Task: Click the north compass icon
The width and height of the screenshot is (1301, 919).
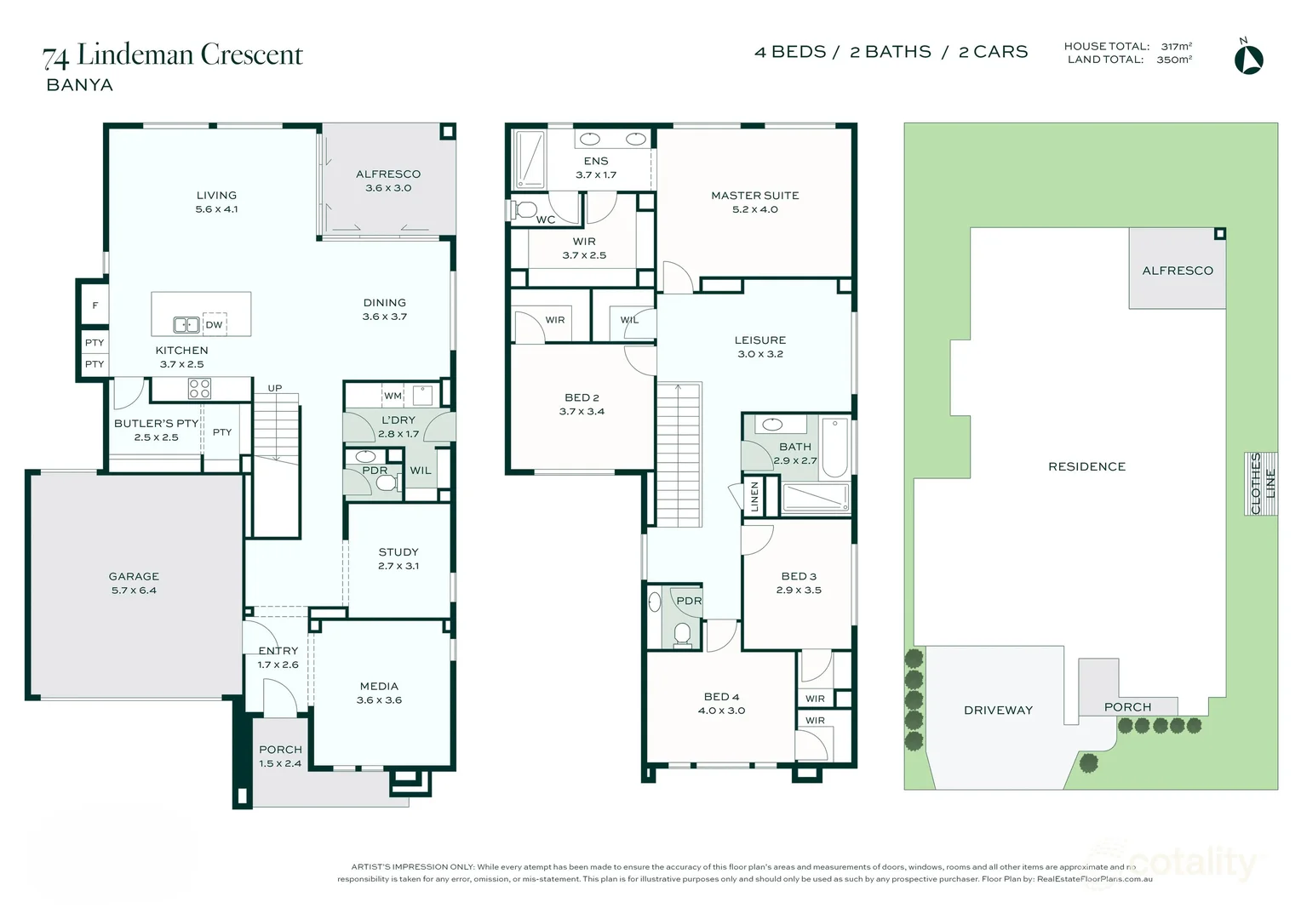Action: point(1248,59)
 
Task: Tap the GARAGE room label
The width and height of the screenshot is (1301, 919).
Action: point(134,577)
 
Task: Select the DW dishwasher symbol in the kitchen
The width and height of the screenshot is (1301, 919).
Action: point(214,325)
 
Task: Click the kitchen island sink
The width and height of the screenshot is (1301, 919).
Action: point(186,325)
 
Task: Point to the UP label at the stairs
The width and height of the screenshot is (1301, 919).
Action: point(275,388)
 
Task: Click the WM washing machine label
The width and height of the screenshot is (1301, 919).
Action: point(393,396)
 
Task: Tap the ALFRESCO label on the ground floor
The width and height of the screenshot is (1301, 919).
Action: point(388,174)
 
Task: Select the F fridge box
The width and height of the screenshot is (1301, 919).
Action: point(95,305)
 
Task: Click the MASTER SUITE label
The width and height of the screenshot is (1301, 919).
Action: point(755,196)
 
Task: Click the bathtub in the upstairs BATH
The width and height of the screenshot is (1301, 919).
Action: point(835,447)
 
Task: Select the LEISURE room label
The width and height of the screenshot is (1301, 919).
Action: point(760,340)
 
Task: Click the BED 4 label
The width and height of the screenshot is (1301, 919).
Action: point(721,697)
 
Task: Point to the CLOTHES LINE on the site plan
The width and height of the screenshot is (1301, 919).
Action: point(1262,483)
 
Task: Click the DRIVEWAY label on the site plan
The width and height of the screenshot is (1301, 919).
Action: point(998,710)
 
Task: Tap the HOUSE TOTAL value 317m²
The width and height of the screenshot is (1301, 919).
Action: point(1176,47)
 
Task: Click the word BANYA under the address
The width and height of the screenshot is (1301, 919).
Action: point(79,85)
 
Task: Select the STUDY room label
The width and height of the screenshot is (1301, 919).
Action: point(398,552)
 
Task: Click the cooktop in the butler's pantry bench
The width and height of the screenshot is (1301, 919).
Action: point(199,389)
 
